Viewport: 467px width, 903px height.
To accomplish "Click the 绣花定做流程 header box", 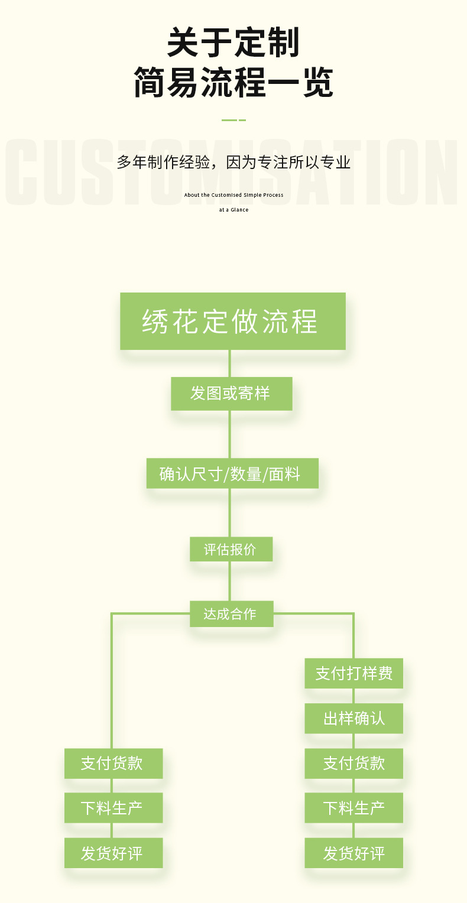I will click(x=232, y=321).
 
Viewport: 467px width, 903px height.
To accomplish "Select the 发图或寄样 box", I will click(x=231, y=394).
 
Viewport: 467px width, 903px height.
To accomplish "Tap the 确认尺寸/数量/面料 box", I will click(x=232, y=473).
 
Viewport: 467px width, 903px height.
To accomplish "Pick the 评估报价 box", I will click(x=231, y=549).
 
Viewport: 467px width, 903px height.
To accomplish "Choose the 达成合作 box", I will click(x=231, y=614).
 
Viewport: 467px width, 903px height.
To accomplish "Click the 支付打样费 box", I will click(x=354, y=673).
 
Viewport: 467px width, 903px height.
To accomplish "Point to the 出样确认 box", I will click(x=354, y=718).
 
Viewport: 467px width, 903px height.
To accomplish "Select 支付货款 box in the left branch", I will click(x=113, y=763).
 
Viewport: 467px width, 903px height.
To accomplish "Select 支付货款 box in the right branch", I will click(x=354, y=763).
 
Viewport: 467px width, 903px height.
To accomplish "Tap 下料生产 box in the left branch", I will click(x=113, y=808).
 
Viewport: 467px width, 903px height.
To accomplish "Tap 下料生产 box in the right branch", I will click(x=354, y=808).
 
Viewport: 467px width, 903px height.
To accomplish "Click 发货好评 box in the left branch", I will click(x=113, y=853).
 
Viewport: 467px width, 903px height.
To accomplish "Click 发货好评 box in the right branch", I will click(x=354, y=853).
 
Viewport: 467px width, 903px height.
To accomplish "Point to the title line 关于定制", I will click(x=234, y=43).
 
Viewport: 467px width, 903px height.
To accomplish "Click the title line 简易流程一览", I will click(x=234, y=83).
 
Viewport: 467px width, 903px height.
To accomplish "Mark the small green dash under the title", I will click(x=234, y=120).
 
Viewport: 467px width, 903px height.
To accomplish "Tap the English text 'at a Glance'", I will click(x=234, y=210).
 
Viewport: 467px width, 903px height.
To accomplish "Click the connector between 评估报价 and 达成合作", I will click(x=230, y=581).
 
